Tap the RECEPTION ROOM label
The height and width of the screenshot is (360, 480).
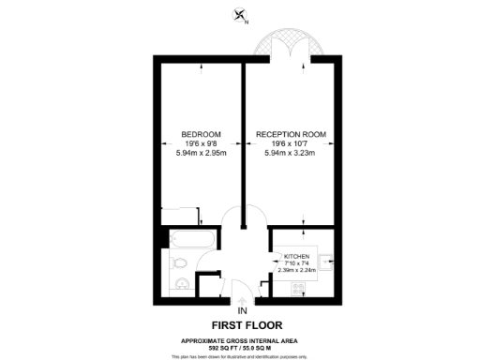(x=292, y=134)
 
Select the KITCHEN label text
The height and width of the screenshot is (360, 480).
(x=296, y=254)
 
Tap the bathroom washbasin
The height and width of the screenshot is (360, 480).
(x=182, y=284)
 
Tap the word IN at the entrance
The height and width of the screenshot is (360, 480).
(x=242, y=309)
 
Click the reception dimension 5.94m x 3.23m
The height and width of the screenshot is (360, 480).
(x=292, y=153)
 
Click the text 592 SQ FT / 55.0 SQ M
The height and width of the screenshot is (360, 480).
(x=241, y=347)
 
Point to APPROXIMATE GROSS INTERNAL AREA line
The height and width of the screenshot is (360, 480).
(x=241, y=339)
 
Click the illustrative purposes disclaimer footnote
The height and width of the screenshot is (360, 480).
(x=241, y=355)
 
